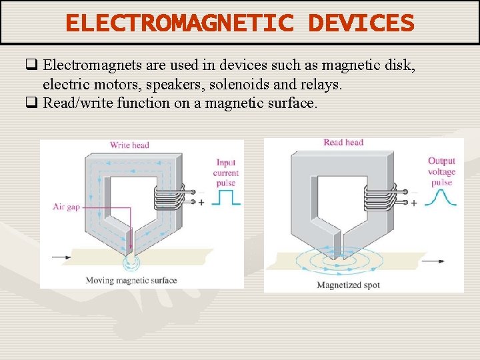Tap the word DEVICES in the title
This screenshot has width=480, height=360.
click(x=361, y=23)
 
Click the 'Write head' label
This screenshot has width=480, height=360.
click(x=129, y=145)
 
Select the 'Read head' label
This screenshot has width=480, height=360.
click(x=343, y=142)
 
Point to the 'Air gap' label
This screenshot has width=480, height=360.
click(x=66, y=207)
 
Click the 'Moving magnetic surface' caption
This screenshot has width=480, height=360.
click(x=131, y=280)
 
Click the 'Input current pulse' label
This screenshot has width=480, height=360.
click(x=227, y=173)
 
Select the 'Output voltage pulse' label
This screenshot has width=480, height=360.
click(x=441, y=171)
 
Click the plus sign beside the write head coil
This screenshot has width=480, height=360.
click(x=202, y=203)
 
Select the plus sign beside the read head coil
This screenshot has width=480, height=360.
click(x=414, y=203)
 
